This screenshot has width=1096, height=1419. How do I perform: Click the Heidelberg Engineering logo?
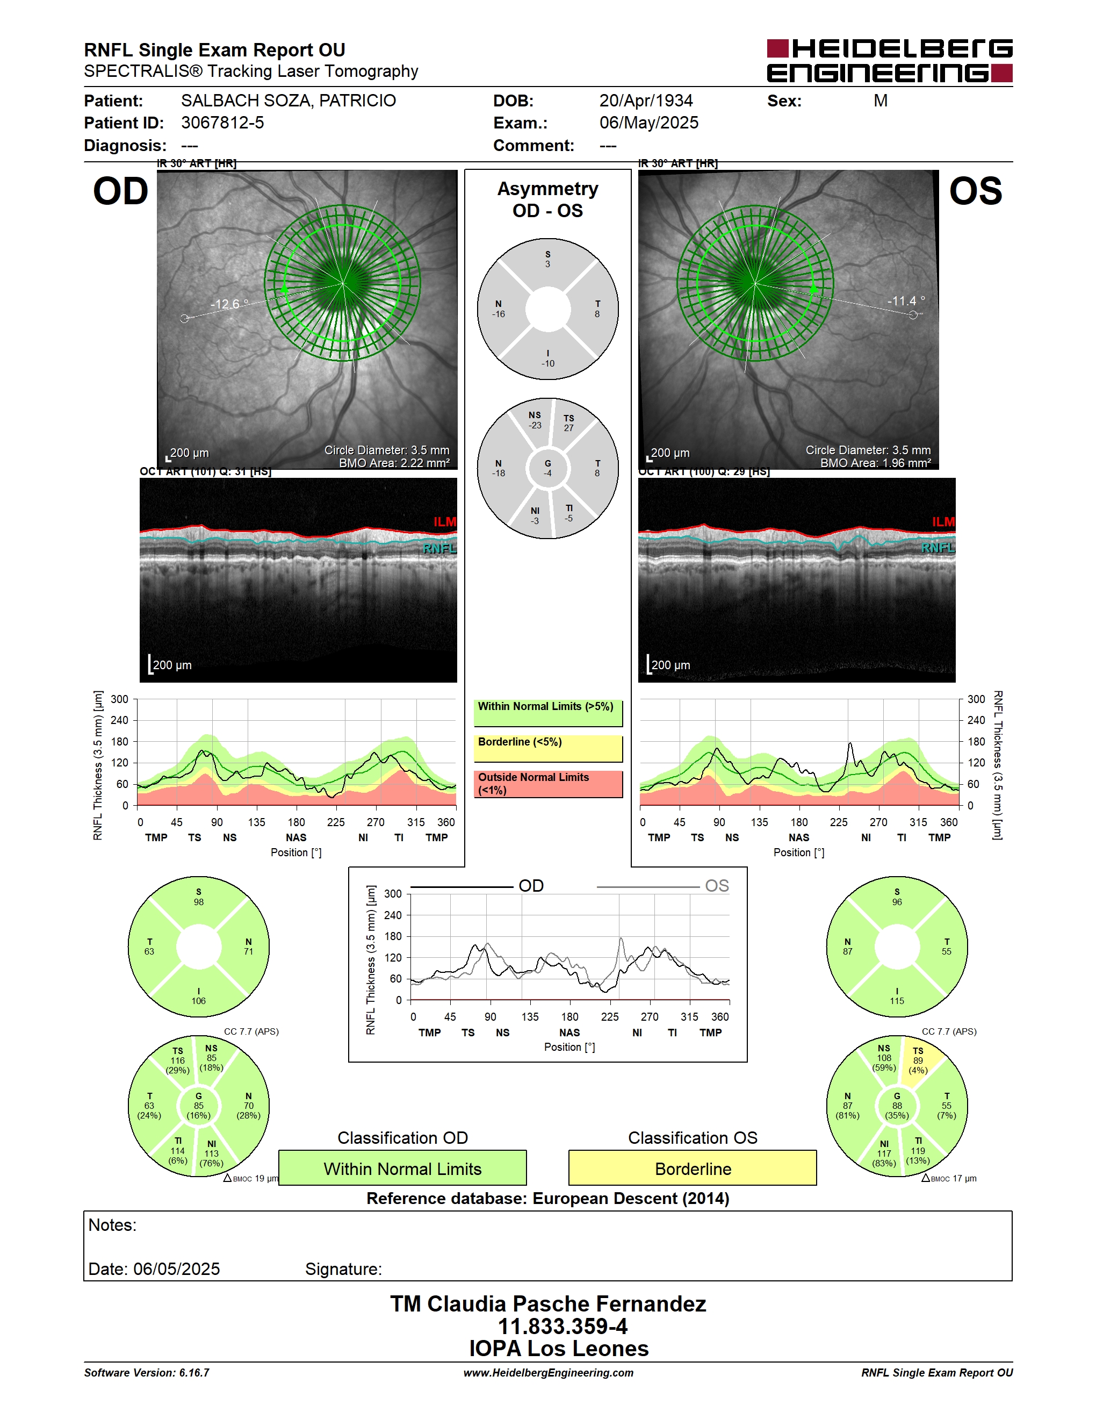point(890,60)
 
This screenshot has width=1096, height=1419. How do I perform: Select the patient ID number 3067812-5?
point(223,123)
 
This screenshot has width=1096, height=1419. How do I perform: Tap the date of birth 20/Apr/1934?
point(646,101)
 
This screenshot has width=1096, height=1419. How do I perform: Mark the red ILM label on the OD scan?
point(445,522)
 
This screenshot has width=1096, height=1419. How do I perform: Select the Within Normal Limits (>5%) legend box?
point(548,713)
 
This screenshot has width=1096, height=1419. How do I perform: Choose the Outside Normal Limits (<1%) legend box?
point(548,784)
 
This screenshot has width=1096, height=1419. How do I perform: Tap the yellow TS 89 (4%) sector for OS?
point(918,1060)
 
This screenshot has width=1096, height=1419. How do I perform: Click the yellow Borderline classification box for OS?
point(693,1168)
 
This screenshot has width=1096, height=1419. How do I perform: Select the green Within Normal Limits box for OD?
point(402,1168)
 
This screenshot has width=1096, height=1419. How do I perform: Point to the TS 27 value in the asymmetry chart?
point(569,423)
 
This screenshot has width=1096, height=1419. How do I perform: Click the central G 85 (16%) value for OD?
point(199,1106)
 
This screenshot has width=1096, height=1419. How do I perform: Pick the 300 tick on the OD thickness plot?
point(119,699)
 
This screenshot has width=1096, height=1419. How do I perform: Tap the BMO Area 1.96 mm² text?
point(875,463)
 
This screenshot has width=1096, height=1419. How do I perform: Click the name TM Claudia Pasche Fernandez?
point(548,1304)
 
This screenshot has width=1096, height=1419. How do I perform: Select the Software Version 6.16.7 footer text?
point(147,1372)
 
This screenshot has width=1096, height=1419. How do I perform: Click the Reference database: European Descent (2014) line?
point(548,1198)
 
